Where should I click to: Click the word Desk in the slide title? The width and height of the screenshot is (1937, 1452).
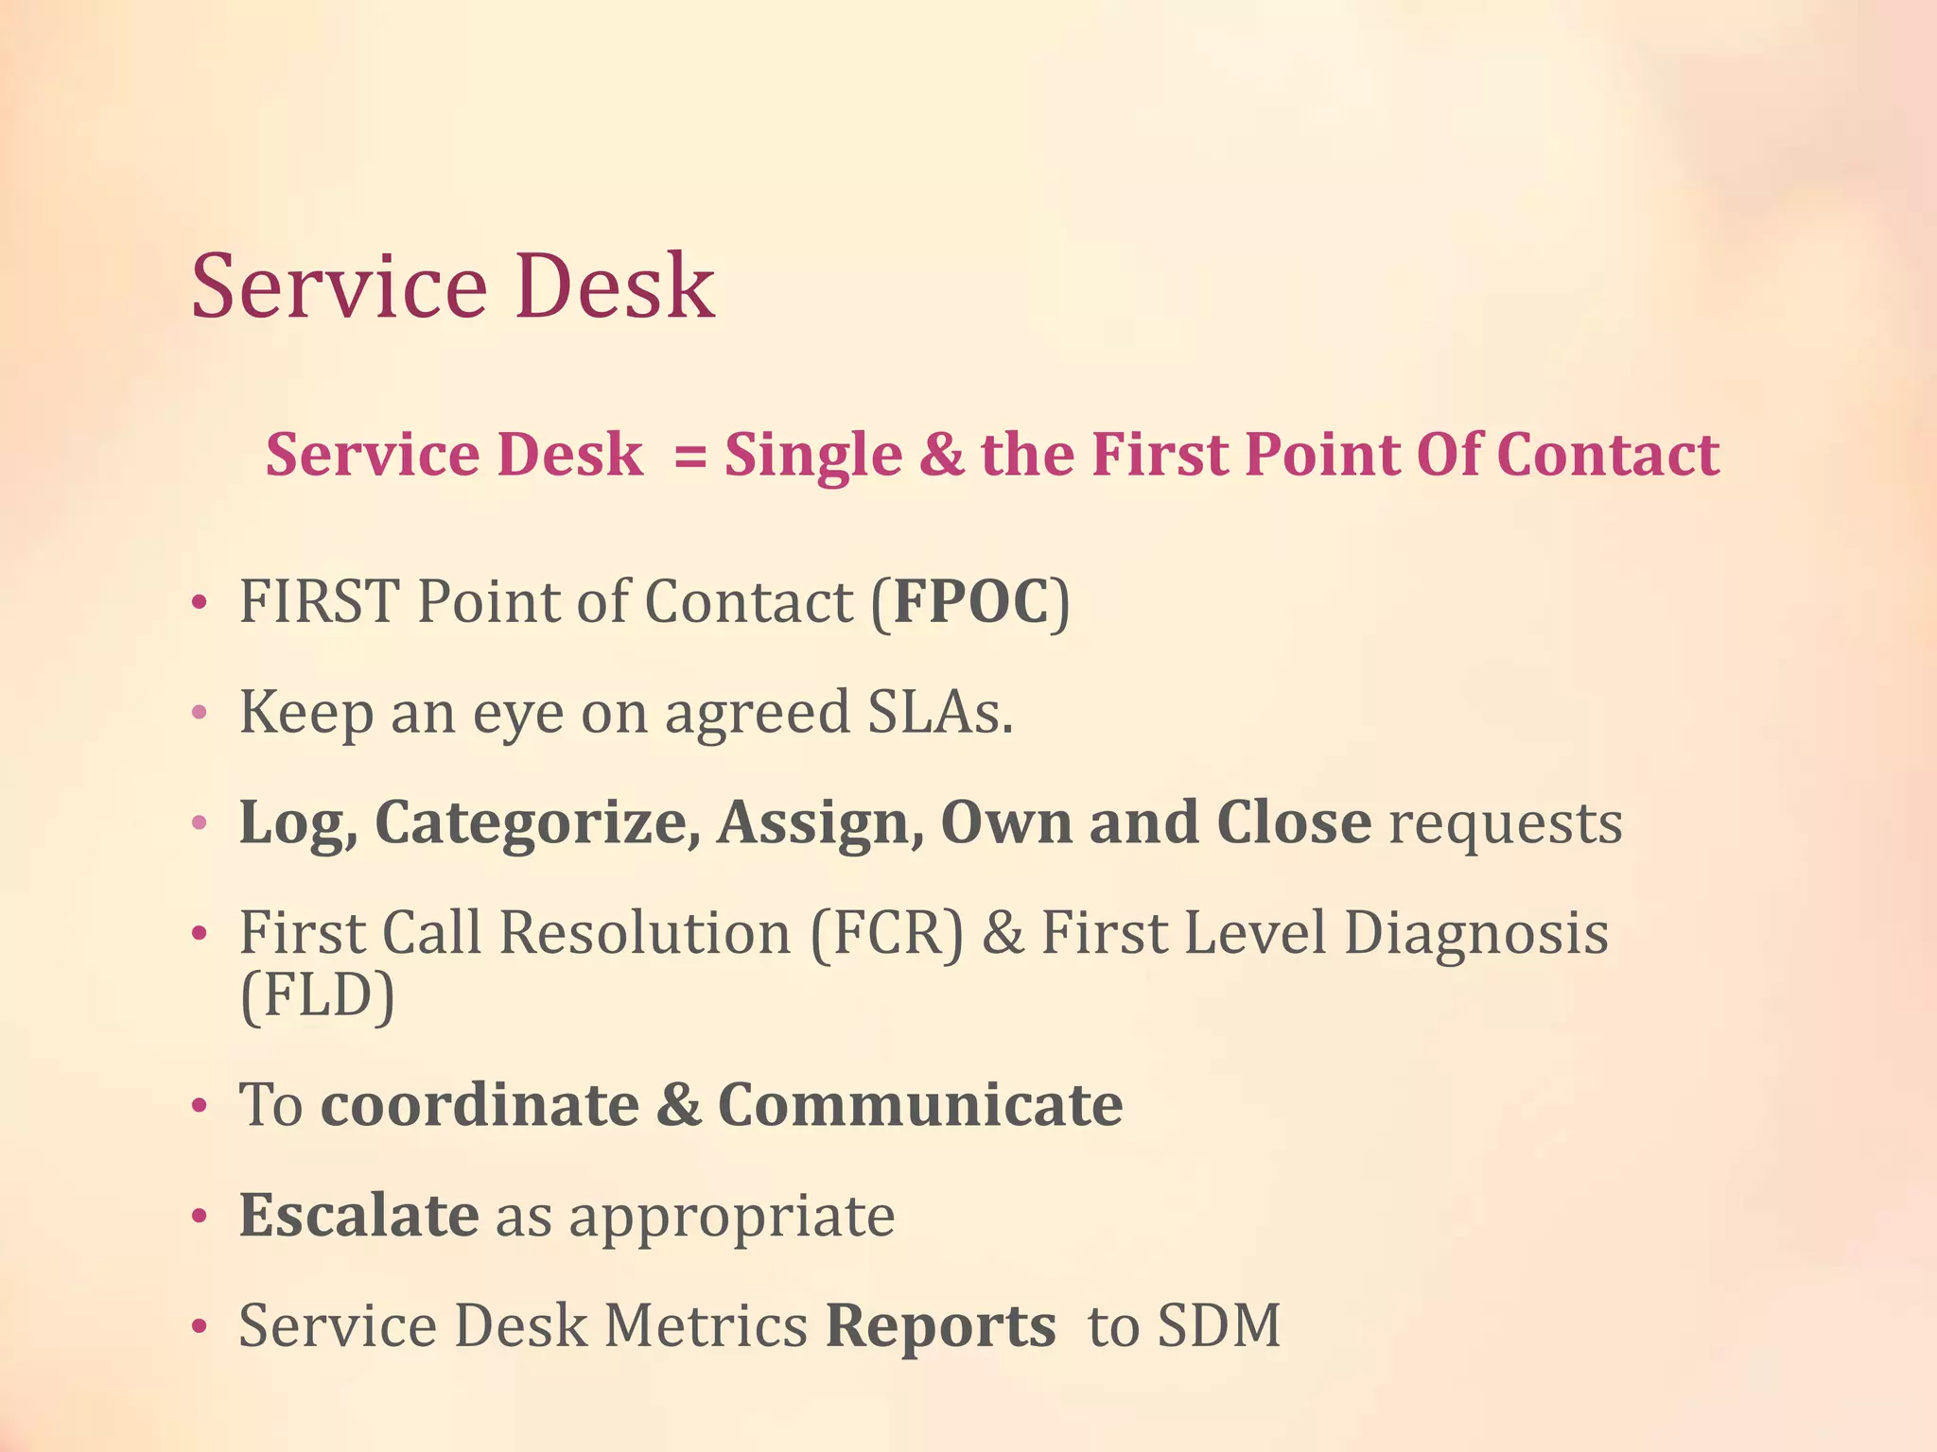pyautogui.click(x=615, y=285)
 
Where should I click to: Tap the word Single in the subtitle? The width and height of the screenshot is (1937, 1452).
pyautogui.click(x=813, y=456)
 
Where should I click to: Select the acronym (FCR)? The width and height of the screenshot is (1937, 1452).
pyautogui.click(x=886, y=933)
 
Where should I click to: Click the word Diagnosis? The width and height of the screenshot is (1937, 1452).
pyautogui.click(x=1476, y=933)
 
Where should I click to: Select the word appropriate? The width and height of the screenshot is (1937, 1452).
pyautogui.click(x=731, y=1219)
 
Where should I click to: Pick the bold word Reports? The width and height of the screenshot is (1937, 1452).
pyautogui.click(x=940, y=1326)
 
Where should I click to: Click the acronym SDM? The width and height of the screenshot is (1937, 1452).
pyautogui.click(x=1219, y=1325)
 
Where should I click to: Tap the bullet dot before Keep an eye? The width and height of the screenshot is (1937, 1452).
pyautogui.click(x=199, y=714)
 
